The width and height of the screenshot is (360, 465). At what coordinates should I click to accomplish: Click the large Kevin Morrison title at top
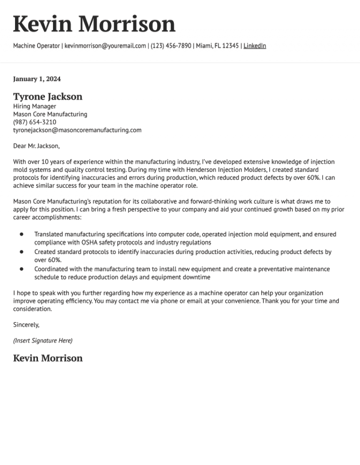pos(94,24)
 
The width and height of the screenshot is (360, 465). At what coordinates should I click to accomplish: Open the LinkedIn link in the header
pos(255,46)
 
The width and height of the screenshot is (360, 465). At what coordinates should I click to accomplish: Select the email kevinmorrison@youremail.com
pos(105,46)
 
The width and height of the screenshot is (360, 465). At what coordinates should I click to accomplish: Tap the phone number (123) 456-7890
pos(171,46)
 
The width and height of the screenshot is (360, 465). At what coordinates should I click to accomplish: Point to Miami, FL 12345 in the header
pos(217,46)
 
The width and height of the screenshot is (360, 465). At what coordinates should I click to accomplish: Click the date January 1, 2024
pos(37,79)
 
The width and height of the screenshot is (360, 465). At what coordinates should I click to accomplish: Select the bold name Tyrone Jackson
pos(48,97)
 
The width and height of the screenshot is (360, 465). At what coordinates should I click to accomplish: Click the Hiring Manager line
pos(35,107)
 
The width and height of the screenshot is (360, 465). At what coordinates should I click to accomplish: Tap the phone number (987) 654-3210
pos(35,122)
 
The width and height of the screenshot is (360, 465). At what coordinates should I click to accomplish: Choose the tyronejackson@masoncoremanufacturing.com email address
pos(77,130)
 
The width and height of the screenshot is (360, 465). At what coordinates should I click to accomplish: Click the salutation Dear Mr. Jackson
pos(37,146)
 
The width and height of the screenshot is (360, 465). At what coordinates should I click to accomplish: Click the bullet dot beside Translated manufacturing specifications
pos(22,234)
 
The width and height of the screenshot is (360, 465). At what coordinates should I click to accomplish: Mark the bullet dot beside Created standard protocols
pos(22,252)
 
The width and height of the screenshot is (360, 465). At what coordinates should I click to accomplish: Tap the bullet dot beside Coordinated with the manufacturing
pos(22,269)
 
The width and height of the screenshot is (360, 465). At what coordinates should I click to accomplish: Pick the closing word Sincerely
pos(26,324)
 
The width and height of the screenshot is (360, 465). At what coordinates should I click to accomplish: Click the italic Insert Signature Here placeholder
pos(43,341)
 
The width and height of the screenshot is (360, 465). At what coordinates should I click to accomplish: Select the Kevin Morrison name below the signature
pos(48,358)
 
